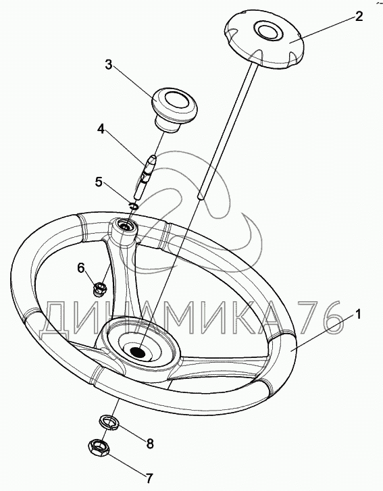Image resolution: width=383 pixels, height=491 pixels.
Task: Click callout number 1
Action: (x=358, y=313)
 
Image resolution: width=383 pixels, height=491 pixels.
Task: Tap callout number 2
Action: (x=359, y=16)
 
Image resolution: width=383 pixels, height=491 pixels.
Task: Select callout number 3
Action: (x=108, y=65)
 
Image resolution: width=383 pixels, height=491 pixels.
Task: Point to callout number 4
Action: (x=101, y=129)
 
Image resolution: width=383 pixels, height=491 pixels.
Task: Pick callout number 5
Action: (x=99, y=182)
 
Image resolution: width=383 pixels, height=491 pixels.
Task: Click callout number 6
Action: (x=81, y=268)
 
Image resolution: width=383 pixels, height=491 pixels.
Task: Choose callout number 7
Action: (x=149, y=478)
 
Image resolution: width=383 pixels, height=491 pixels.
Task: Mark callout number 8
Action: (x=150, y=444)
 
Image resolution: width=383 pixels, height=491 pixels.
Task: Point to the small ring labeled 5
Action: (x=133, y=206)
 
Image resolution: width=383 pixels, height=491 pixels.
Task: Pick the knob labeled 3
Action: (x=174, y=109)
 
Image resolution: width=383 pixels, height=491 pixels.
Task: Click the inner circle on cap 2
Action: (x=267, y=30)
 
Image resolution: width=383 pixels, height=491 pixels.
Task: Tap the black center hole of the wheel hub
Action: (x=137, y=353)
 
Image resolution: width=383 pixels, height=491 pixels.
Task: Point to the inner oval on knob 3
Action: (x=176, y=101)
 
